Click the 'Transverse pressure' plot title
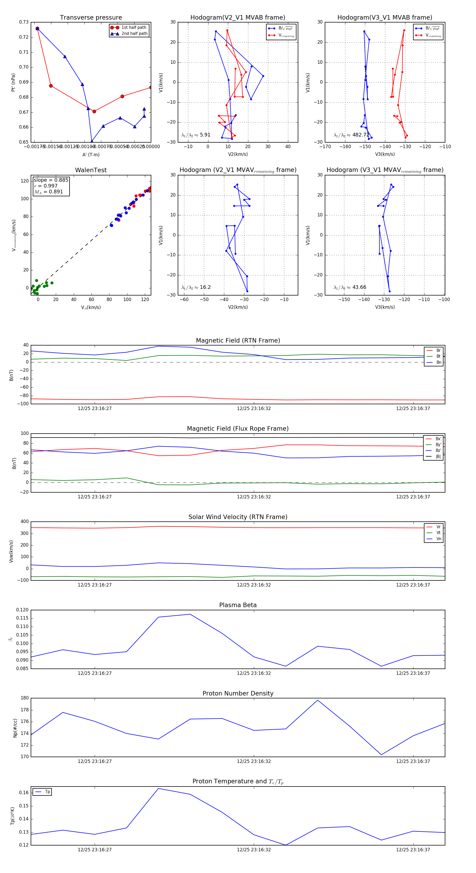pos(91,18)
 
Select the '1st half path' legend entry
pos(134,28)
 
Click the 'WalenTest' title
pos(91,170)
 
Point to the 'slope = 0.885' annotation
pos(51,180)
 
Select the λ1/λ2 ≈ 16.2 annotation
pos(196,287)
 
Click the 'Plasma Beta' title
pos(238,605)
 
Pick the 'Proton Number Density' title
pos(238,693)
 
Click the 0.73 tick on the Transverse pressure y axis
pos(24,22)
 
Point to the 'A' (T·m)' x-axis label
pos(91,154)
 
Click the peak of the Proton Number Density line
pos(317,700)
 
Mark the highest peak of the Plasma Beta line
pos(190,614)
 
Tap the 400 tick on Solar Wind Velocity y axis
pos(24,522)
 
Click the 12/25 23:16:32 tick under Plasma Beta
pos(254,673)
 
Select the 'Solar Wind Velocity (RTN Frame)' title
pos(238,517)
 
